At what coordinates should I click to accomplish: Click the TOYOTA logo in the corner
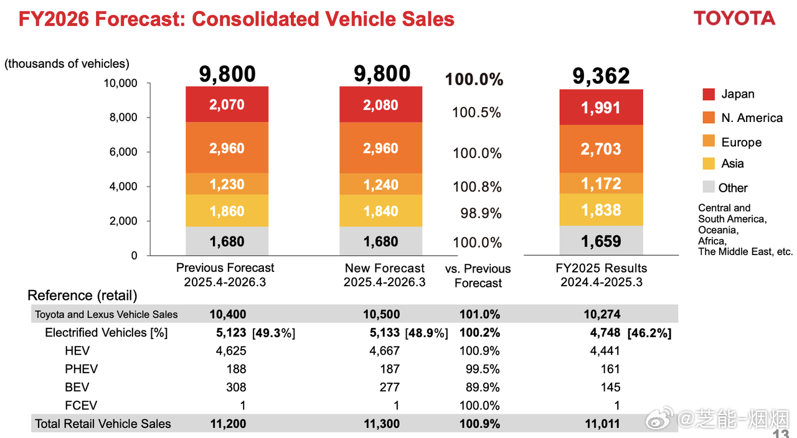click(x=735, y=18)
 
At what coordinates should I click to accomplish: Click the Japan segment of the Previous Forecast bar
click(x=227, y=105)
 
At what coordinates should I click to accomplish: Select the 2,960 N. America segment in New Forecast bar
click(x=380, y=148)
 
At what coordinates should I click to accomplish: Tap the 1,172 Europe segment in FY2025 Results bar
click(x=601, y=184)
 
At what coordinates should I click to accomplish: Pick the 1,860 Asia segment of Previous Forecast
click(x=227, y=211)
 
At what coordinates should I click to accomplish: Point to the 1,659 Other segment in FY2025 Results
click(x=601, y=241)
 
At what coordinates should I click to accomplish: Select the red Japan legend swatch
click(x=709, y=95)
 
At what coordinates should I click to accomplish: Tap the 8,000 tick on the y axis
click(x=125, y=118)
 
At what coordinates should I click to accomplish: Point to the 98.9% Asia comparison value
click(x=477, y=213)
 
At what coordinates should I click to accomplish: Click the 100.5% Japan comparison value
click(x=476, y=113)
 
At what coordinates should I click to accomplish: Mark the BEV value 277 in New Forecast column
click(x=390, y=388)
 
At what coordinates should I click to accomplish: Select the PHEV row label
click(x=81, y=369)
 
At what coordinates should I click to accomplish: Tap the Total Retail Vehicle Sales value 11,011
click(x=602, y=424)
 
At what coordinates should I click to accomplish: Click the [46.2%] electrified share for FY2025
click(x=649, y=333)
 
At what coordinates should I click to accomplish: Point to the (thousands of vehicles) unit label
click(x=67, y=63)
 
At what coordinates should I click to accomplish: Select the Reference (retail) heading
click(x=82, y=296)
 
